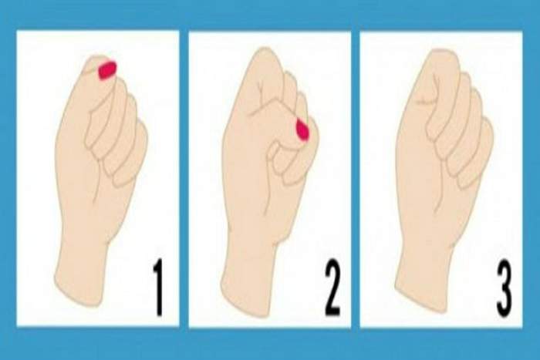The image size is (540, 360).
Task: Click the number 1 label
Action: pos(157,288)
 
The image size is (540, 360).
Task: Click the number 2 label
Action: pos(332,288)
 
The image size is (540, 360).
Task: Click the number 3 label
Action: pos(503,288)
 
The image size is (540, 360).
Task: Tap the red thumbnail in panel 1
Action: pos(107,70)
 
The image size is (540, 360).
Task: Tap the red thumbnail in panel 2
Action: pos(302,129)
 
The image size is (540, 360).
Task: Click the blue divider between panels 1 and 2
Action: pos(184,179)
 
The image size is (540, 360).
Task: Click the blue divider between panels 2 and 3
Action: pos(356,179)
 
